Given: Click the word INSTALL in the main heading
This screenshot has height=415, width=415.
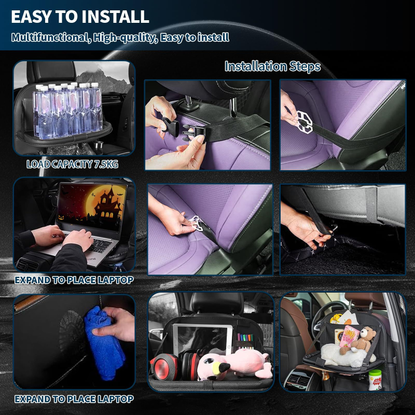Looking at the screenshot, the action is tap(115, 17).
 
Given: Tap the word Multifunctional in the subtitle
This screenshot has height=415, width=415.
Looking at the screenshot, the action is tap(49, 37).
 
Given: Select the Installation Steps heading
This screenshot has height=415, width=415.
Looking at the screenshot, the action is tap(273, 66).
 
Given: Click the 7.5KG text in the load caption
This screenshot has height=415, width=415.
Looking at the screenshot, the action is tap(106, 164).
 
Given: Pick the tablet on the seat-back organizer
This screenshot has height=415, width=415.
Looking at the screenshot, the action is tap(202, 340).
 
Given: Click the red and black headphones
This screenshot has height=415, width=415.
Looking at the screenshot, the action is tap(175, 365).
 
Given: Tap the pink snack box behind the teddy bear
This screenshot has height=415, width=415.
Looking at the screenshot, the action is tap(349, 336).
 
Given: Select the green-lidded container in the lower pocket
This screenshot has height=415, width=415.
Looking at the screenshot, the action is tap(375, 380).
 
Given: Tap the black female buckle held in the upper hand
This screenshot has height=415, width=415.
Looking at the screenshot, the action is tap(170, 127).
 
